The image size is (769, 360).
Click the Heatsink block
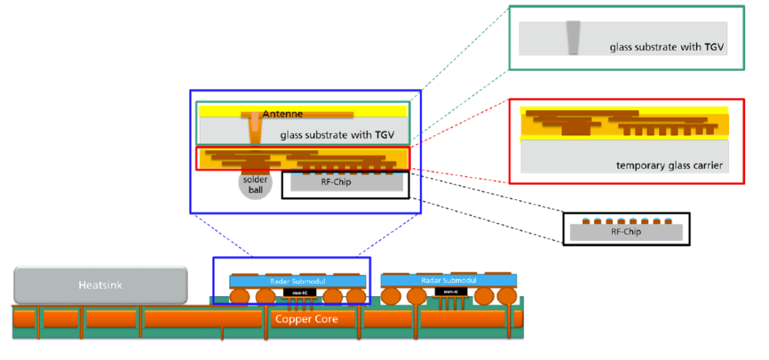coord(100,285)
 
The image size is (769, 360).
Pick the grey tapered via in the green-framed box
coord(574,38)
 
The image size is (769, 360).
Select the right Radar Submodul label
coord(448,280)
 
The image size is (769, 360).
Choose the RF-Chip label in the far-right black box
coord(626,231)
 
